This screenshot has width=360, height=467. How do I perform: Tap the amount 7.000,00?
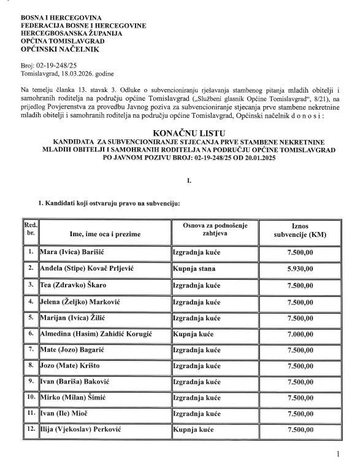pyautogui.click(x=301, y=334)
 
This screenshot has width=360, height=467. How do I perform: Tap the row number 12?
pyautogui.click(x=31, y=432)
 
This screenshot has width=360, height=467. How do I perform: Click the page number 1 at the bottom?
pyautogui.click(x=337, y=455)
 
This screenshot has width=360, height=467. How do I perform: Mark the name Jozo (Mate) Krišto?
pyautogui.click(x=69, y=366)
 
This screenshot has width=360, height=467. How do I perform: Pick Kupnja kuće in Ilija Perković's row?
pyautogui.click(x=193, y=432)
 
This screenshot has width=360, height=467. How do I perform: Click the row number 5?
pyautogui.click(x=31, y=317)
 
